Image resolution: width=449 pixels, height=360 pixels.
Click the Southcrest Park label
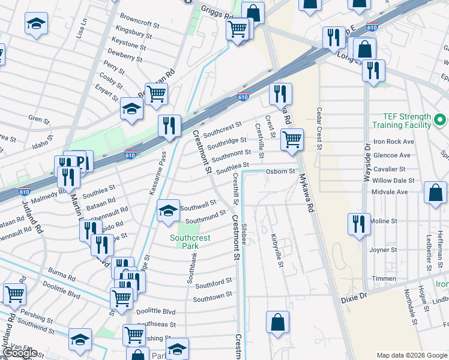point(190,242)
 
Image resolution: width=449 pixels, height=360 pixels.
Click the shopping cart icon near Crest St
point(292,139)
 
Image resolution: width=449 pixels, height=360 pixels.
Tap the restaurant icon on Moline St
point(359,224)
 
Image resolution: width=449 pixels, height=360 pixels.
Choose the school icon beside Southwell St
point(168,211)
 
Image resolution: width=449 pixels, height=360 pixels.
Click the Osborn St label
point(280,171)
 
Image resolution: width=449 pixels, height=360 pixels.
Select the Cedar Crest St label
point(319,130)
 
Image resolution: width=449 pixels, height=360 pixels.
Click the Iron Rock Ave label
point(394,142)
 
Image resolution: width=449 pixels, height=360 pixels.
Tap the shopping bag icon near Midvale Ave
point(435,193)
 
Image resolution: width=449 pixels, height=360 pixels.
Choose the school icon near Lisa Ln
point(36,24)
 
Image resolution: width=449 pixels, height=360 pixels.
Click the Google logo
point(20,353)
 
